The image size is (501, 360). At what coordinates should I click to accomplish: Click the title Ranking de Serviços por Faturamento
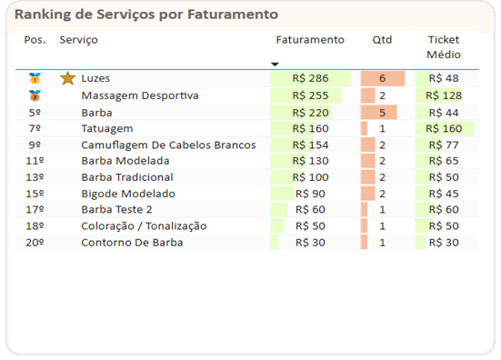pyautogui.click(x=146, y=15)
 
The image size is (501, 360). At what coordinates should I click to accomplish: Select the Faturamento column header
pyautogui.click(x=310, y=40)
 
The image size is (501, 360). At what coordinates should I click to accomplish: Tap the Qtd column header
pyautogui.click(x=382, y=40)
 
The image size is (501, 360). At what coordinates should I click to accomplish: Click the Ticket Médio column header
pyautogui.click(x=444, y=47)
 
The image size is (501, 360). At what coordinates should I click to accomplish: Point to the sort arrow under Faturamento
pyautogui.click(x=275, y=64)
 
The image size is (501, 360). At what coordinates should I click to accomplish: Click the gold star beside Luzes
pyautogui.click(x=67, y=79)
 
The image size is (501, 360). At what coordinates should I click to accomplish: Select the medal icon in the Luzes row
pyautogui.click(x=35, y=79)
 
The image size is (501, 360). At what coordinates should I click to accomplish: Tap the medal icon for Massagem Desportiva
pyautogui.click(x=35, y=95)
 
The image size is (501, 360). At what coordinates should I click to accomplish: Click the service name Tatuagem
pyautogui.click(x=106, y=129)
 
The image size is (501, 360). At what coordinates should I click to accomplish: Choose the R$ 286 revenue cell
pyautogui.click(x=310, y=79)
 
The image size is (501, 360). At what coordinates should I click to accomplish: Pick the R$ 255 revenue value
pyautogui.click(x=310, y=95)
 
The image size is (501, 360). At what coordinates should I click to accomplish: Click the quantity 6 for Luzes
pyautogui.click(x=382, y=79)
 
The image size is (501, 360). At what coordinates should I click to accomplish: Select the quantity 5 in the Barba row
pyautogui.click(x=382, y=113)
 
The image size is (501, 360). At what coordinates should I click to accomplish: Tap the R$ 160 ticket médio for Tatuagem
pyautogui.click(x=445, y=129)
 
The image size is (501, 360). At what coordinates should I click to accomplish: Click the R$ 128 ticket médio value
pyautogui.click(x=445, y=95)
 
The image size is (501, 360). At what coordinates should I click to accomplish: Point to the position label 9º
pyautogui.click(x=35, y=145)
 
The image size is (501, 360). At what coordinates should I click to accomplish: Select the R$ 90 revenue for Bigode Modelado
pyautogui.click(x=310, y=194)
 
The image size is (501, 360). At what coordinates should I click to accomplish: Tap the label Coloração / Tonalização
pyautogui.click(x=144, y=226)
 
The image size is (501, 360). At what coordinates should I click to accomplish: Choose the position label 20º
pyautogui.click(x=35, y=243)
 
